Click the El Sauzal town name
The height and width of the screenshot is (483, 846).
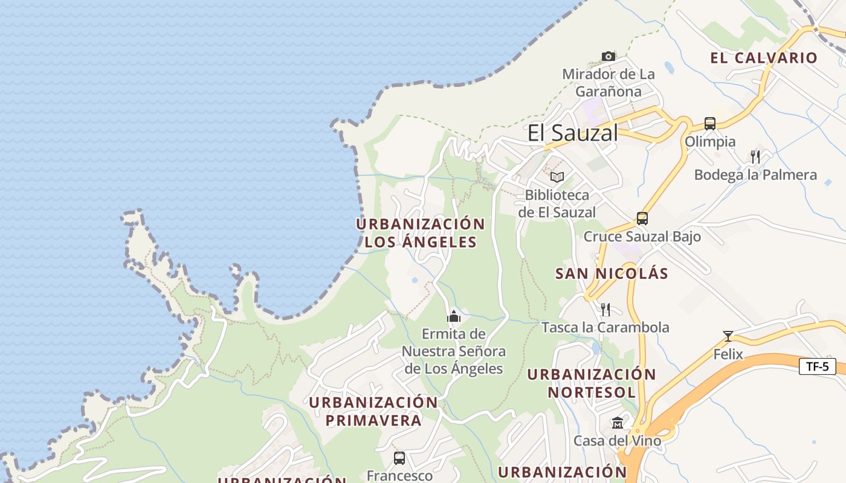pos(573,133)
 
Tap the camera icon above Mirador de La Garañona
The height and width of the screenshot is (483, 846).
pos(609,56)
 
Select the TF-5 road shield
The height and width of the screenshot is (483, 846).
pos(818,366)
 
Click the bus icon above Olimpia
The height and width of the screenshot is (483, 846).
pos(710,123)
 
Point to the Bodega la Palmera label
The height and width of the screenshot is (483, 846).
pos(755,175)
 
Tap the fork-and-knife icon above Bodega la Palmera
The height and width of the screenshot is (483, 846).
pos(755,157)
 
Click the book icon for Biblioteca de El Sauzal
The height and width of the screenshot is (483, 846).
pos(557,177)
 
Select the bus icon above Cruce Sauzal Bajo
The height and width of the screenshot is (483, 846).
pos(642,218)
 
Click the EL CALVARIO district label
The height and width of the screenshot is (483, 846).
pos(764,58)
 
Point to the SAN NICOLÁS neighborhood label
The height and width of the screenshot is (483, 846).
pos(612,273)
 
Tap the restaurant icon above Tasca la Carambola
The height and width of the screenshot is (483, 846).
pos(605,309)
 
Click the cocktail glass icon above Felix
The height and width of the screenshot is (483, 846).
pos(728,336)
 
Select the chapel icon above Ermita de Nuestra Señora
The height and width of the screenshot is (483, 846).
pos(454,316)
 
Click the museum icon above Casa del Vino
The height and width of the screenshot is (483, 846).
pos(618,423)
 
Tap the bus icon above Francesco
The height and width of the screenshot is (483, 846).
pos(399,458)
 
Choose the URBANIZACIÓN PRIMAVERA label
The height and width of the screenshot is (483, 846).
pos(373,411)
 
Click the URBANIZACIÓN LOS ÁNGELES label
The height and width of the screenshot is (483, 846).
pos(421,233)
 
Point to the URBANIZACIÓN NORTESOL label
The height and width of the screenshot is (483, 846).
pos(592,383)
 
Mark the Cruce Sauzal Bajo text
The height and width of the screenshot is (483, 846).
pos(642,236)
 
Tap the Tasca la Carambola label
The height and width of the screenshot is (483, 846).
pos(605,327)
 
